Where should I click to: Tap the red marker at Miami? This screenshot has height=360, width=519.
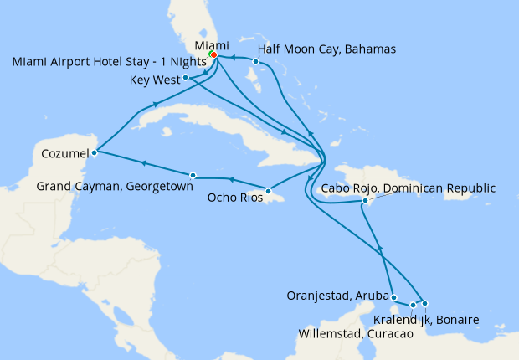coord(213,54)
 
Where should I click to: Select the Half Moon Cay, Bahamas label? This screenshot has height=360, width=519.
coord(326,49)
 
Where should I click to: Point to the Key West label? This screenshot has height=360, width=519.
coord(155,80)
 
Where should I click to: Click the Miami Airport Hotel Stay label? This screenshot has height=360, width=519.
coord(109,63)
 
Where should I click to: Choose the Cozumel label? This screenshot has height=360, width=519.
coord(64,154)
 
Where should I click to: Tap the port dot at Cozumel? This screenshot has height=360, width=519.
coord(95,152)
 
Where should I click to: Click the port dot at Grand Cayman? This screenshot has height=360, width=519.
coord(193,175)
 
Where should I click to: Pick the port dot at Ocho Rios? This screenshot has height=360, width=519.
coord(268,192)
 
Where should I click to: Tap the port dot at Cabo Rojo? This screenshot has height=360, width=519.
coord(365,201)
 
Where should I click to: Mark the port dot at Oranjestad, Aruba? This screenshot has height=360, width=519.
coord(393,298)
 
